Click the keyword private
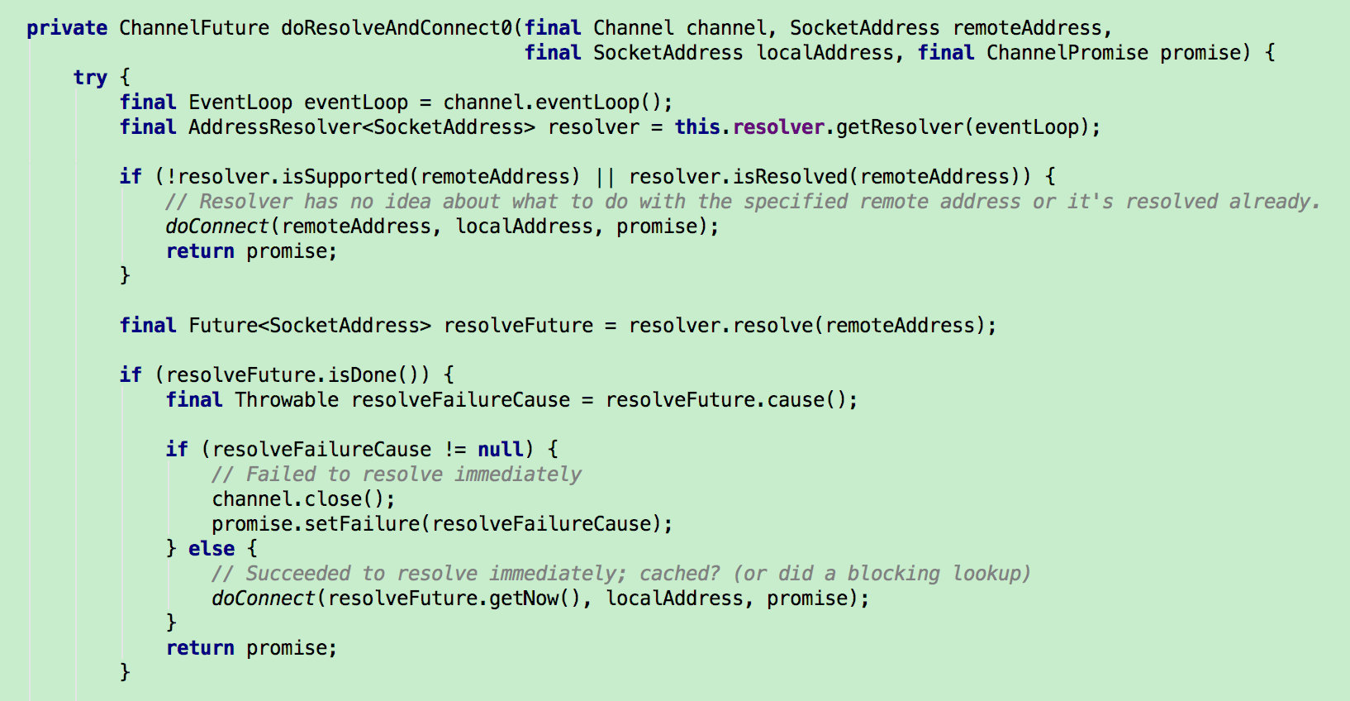point(66,28)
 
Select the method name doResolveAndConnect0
point(396,28)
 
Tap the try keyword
point(89,78)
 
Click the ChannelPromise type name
point(1067,53)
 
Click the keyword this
point(696,127)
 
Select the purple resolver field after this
point(778,127)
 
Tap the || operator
point(605,177)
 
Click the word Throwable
point(287,400)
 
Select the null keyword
point(500,450)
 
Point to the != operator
point(454,450)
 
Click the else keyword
point(212,549)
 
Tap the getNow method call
point(524,598)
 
